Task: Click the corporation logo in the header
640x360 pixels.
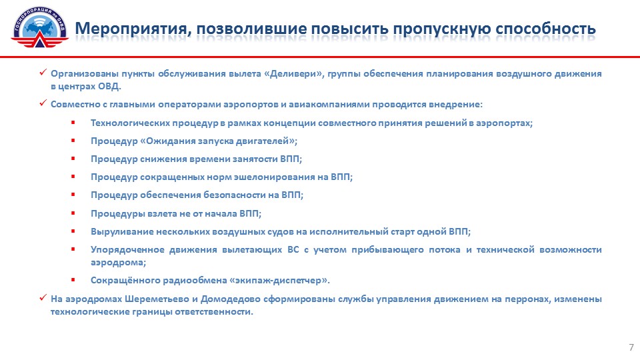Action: (x=39, y=27)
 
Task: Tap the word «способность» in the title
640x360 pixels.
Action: (x=546, y=29)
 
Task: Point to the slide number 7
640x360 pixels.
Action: (x=631, y=347)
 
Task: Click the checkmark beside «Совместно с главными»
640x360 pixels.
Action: (x=43, y=103)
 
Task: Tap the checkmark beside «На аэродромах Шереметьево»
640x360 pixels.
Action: (x=43, y=297)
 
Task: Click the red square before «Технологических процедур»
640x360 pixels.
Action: (x=73, y=123)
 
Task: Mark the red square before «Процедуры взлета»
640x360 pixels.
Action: (x=73, y=213)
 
